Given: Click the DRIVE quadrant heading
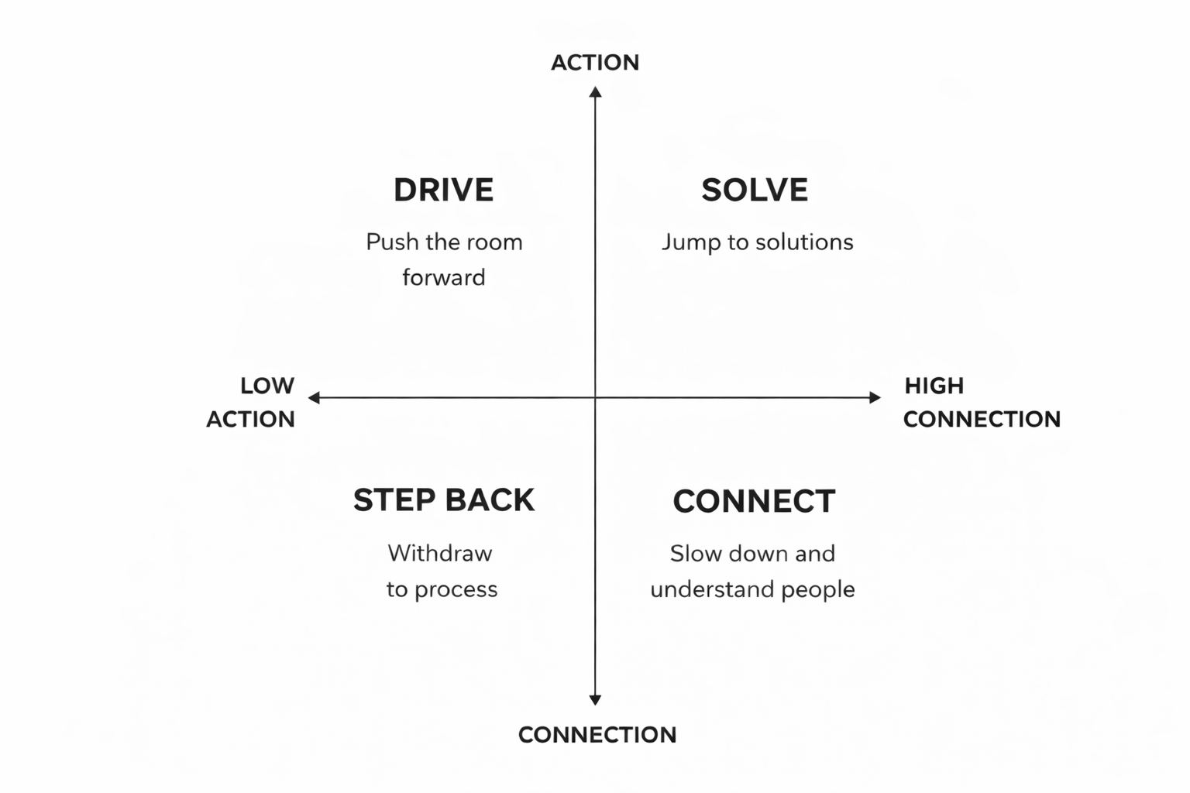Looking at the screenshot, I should tap(443, 191).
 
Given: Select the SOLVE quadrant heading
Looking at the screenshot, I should tap(755, 191).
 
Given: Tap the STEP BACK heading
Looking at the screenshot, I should tap(444, 500).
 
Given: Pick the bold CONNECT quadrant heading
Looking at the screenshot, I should tap(754, 501).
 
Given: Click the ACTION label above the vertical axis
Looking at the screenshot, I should tap(595, 63).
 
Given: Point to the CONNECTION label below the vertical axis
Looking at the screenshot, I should tap(597, 735).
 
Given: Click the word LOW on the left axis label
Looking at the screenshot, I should tap(267, 386).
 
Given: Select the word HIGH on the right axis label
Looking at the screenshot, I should tap(934, 386).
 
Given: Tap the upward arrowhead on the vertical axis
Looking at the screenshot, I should tap(595, 92).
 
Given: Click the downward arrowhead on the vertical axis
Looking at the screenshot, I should tap(595, 700).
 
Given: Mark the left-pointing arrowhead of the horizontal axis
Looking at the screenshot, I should tap(314, 398).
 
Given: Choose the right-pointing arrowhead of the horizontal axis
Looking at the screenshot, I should tap(875, 398).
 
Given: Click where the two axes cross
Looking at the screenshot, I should tap(595, 398).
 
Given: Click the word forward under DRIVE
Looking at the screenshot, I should tap(444, 277).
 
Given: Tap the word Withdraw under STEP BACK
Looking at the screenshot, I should tap(439, 553).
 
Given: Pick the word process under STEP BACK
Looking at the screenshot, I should tap(456, 590).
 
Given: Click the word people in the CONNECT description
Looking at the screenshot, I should tap(817, 590).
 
